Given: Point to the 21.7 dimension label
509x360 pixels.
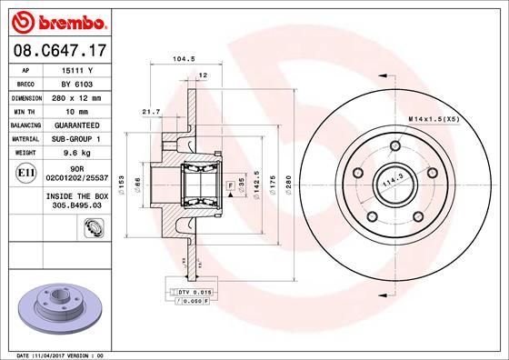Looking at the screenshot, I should pyautogui.click(x=151, y=111).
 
